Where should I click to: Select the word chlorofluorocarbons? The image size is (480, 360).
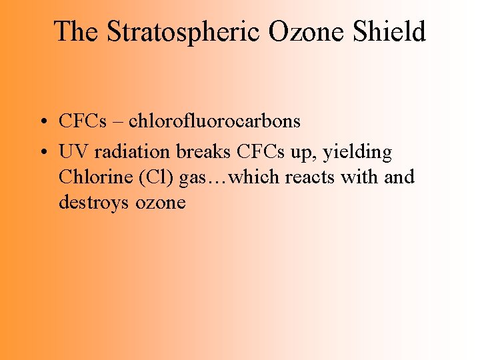click(215, 121)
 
